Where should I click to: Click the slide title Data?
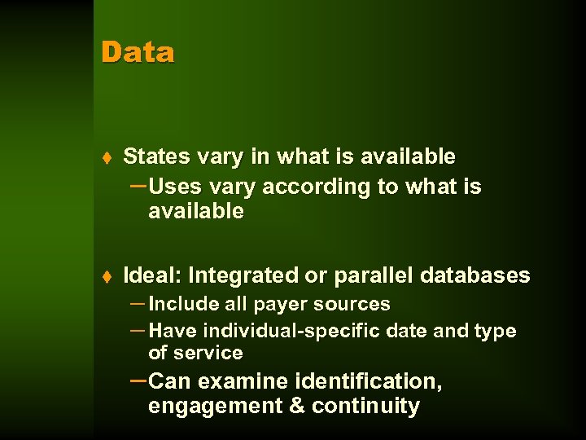[138, 52]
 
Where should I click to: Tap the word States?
[155, 156]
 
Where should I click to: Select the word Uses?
[174, 187]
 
